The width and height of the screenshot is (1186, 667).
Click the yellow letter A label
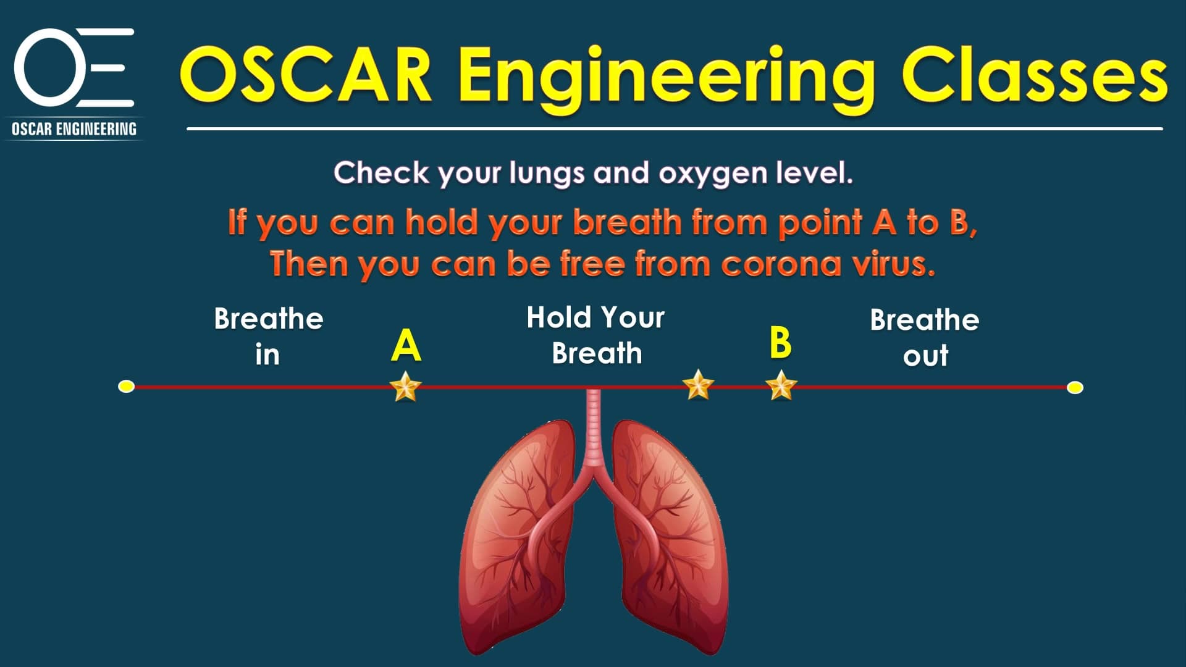[406, 346]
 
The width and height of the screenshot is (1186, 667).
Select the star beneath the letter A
[406, 387]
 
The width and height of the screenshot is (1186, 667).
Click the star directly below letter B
[781, 385]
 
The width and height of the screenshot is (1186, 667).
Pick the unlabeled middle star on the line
[698, 385]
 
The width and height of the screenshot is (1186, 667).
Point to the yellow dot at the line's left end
[126, 387]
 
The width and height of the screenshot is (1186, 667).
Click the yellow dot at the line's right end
[1075, 387]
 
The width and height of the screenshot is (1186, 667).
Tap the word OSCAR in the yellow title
[306, 75]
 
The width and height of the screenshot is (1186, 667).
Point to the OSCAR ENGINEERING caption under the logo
[74, 129]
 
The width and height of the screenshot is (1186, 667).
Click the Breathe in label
[269, 337]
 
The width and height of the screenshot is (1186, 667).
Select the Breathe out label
[925, 337]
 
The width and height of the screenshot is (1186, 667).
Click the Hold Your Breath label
[596, 335]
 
